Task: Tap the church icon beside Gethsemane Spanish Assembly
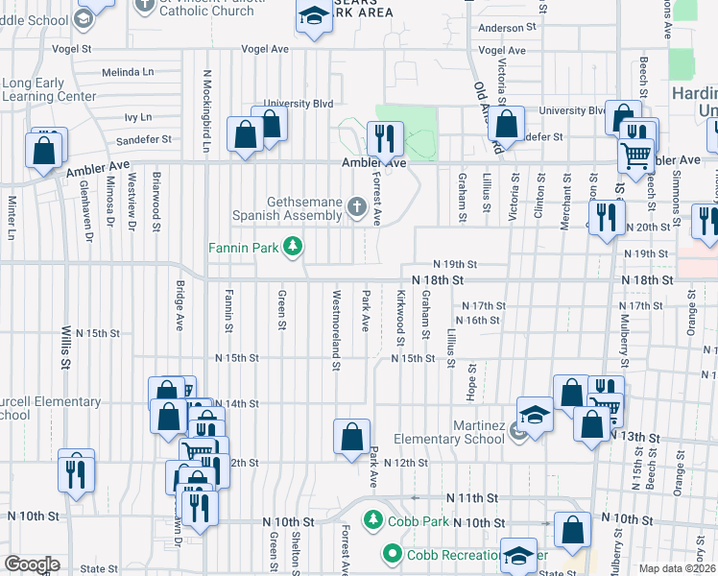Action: coord(357,206)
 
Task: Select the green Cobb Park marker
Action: coord(372,520)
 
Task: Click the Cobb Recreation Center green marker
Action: coord(393,554)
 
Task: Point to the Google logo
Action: coord(32,564)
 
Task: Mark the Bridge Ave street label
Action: coord(179,305)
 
